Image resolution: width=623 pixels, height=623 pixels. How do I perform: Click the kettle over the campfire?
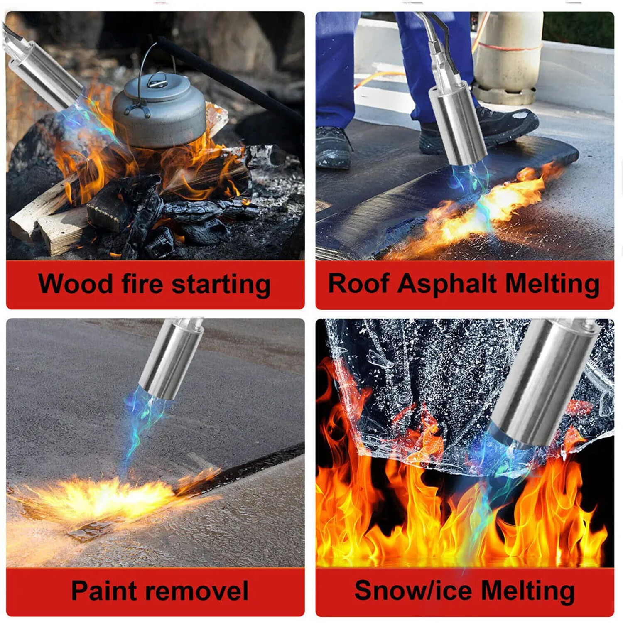[x=159, y=110]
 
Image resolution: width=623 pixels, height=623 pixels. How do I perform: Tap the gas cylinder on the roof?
[x=508, y=58]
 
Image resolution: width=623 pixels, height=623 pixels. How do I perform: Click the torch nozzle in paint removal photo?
[x=171, y=359]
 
